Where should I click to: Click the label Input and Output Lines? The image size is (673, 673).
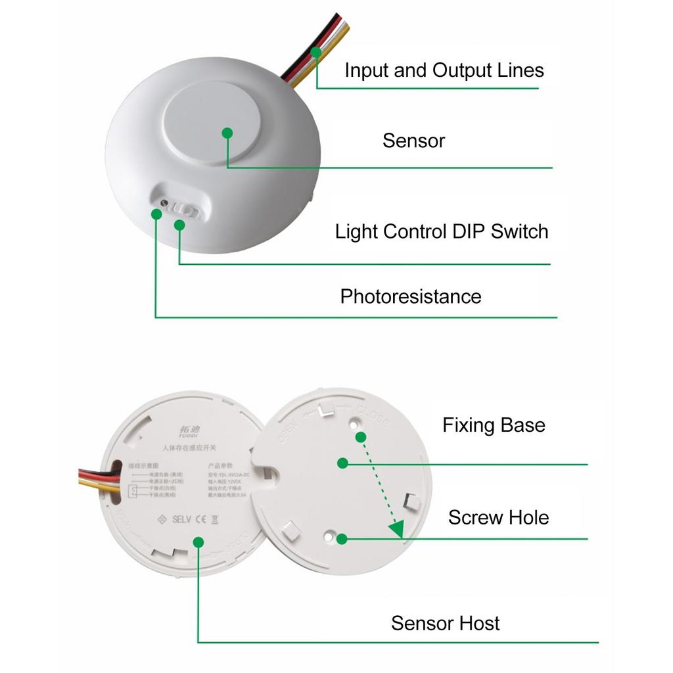(444, 70)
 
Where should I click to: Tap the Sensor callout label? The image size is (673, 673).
(413, 141)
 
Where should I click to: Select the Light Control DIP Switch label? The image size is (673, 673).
(441, 231)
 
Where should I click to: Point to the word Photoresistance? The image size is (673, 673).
(410, 296)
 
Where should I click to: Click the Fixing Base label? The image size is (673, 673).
(493, 425)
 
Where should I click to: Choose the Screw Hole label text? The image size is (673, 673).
(498, 517)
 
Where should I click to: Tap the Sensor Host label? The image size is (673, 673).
(445, 623)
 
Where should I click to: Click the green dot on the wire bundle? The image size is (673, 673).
(316, 51)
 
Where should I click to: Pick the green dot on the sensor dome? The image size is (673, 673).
(227, 133)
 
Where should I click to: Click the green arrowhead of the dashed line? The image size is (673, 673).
(396, 530)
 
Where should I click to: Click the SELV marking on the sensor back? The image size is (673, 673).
(181, 519)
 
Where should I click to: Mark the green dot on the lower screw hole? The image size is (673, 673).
(341, 539)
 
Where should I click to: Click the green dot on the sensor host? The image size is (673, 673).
(198, 541)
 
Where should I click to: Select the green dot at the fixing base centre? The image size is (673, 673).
(342, 463)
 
